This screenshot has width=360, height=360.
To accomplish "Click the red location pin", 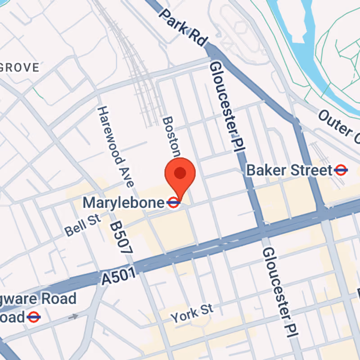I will coord(180,173).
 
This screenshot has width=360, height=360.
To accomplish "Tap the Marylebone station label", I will coord(124,202).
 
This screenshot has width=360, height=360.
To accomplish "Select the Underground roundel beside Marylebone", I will coord(174,203).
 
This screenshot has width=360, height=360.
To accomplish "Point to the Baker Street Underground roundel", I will coord(341,170).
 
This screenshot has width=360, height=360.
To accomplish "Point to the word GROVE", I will coord(20,68).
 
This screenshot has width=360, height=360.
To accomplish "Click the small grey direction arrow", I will coord(73,316).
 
